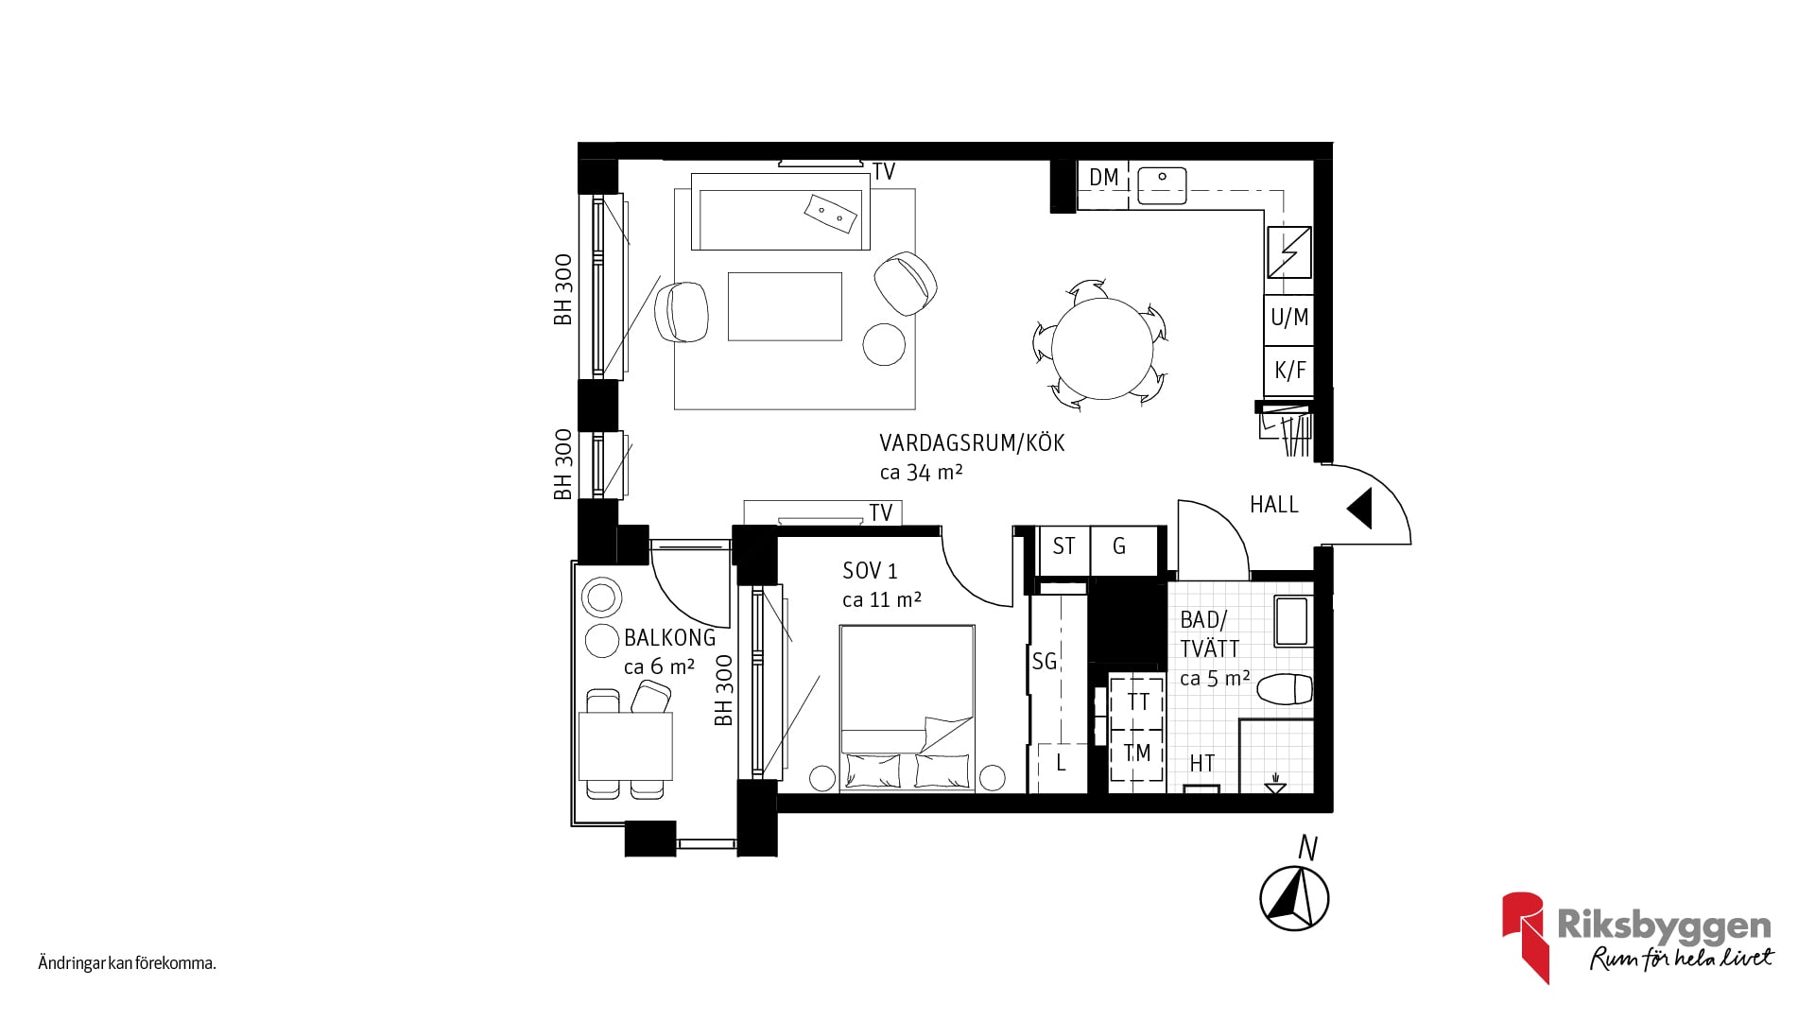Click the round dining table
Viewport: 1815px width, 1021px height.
pos(1102,348)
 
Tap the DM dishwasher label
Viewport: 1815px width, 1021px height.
pos(1103,177)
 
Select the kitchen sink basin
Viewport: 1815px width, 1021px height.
pos(1162,185)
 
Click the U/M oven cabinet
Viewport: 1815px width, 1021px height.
pos(1289,318)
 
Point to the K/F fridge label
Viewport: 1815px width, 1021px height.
pos(1289,370)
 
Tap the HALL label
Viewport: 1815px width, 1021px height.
pos(1274,505)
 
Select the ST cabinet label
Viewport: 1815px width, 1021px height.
pos(1063,546)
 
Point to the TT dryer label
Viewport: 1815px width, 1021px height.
pos(1138,702)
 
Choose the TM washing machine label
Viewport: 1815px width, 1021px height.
pos(1137,753)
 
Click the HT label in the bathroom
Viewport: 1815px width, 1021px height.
pos(1202,763)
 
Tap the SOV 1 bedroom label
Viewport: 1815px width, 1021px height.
pos(870,571)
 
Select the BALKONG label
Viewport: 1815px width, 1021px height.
pos(670,638)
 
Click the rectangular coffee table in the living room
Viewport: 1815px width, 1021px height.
pos(785,306)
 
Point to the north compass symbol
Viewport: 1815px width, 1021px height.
pos(1295,898)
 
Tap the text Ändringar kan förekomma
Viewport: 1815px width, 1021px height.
pos(128,964)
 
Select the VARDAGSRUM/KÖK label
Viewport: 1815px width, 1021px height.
pos(972,443)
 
